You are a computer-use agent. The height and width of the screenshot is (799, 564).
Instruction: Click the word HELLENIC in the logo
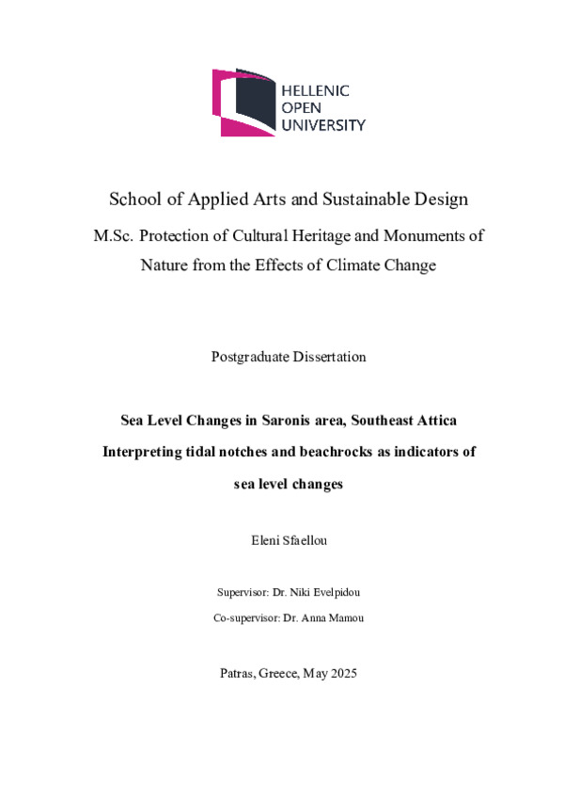pyautogui.click(x=316, y=90)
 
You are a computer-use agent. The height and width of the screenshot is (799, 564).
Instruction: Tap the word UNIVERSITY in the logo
pyautogui.click(x=324, y=124)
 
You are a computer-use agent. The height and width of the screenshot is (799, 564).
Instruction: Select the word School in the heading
pyautogui.click(x=133, y=200)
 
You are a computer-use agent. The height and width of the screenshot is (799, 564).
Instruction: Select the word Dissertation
pyautogui.click(x=329, y=358)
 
